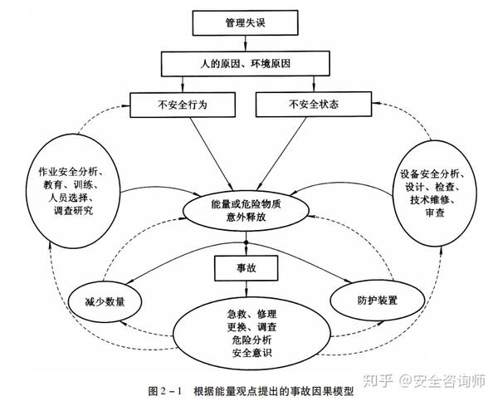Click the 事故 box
click(x=247, y=267)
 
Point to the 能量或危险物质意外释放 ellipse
click(x=247, y=210)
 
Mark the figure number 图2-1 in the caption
click(x=164, y=389)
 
